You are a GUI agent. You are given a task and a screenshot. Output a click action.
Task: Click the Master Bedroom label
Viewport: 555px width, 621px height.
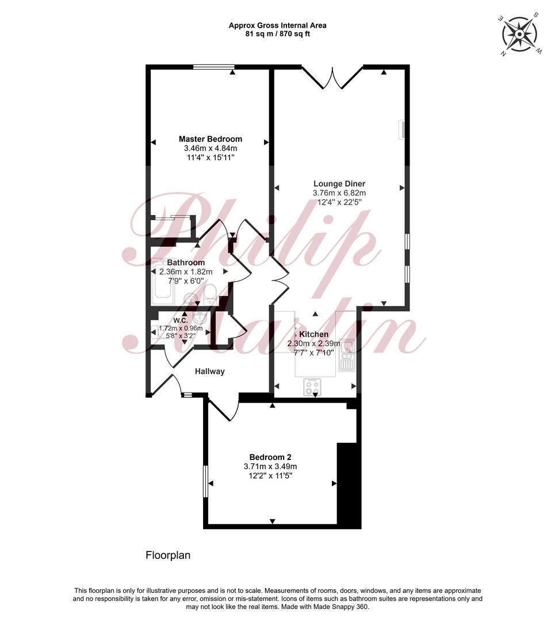click(x=210, y=139)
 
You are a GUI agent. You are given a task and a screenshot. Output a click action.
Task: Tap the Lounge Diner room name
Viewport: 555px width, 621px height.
click(x=339, y=184)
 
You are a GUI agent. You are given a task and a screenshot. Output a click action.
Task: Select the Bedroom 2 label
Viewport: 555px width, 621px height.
click(x=270, y=458)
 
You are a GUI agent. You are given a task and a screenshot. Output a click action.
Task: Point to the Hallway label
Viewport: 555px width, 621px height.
click(x=209, y=371)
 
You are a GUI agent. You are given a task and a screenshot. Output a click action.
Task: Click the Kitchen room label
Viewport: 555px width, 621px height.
click(x=314, y=334)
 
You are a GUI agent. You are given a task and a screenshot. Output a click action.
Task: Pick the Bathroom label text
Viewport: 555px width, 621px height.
click(x=186, y=263)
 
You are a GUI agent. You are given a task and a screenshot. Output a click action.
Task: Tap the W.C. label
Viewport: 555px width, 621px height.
click(x=181, y=320)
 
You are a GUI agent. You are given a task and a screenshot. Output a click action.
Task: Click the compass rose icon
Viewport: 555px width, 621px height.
click(x=519, y=34)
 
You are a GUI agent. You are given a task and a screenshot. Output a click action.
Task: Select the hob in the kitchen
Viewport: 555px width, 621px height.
click(x=312, y=387)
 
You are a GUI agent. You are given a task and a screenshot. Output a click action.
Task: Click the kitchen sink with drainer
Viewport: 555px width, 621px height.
click(x=347, y=355)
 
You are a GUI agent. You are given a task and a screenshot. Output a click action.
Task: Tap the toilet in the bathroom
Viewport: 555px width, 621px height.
click(x=209, y=294)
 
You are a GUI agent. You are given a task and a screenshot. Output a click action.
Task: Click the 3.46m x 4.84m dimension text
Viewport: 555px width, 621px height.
click(x=210, y=148)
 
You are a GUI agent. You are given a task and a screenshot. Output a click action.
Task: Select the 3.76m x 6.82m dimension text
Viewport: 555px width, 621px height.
click(x=339, y=193)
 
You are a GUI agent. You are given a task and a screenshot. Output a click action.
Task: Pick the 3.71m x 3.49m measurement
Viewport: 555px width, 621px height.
click(x=270, y=466)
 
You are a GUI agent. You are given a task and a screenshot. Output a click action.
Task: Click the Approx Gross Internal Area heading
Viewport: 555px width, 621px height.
click(x=278, y=26)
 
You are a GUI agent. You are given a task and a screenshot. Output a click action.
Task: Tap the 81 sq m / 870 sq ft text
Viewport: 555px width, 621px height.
click(x=278, y=34)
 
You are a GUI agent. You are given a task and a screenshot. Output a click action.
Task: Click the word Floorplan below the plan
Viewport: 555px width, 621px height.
click(x=168, y=555)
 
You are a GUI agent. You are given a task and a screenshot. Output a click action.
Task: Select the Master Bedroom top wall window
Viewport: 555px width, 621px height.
click(x=213, y=67)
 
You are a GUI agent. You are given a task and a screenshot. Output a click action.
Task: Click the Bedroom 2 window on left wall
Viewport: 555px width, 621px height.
click(x=205, y=481)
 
